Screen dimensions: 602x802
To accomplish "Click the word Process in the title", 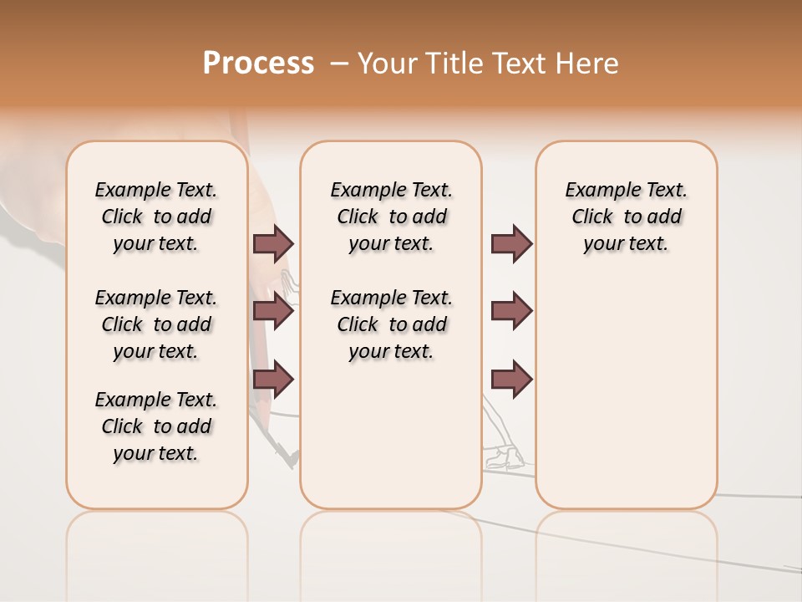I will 258,64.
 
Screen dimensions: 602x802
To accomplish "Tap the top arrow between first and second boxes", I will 273,243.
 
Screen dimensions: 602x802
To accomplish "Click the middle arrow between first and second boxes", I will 273,311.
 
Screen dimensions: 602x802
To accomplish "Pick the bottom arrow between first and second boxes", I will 273,380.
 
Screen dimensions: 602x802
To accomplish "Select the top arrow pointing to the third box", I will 511,243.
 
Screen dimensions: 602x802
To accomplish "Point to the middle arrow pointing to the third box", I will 511,311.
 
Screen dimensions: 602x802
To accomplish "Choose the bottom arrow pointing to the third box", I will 511,380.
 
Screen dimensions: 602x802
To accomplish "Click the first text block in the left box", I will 156,217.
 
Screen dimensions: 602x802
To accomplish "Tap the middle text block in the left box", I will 156,324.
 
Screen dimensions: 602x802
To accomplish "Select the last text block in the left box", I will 156,426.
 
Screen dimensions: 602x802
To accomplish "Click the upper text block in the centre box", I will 391,217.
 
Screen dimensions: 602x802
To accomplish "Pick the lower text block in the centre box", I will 391,324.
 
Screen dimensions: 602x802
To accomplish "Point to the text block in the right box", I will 626,217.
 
